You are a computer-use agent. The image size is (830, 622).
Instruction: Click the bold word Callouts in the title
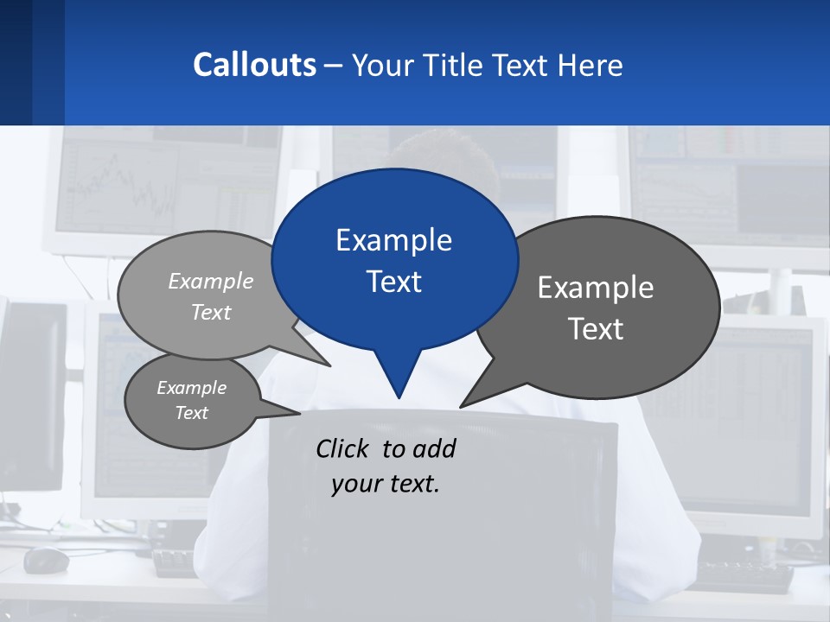click(254, 65)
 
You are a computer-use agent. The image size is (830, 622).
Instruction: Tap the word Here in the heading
click(591, 66)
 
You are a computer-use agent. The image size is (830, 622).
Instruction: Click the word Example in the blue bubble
click(393, 240)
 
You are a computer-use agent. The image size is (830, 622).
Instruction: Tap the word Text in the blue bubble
click(393, 282)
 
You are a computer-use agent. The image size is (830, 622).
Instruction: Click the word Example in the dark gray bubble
click(596, 288)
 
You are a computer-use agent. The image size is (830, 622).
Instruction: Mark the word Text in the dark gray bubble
click(596, 329)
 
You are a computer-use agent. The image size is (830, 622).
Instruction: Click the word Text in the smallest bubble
click(192, 413)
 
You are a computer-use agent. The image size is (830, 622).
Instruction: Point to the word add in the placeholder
click(433, 448)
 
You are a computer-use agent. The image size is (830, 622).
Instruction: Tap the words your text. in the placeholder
click(385, 484)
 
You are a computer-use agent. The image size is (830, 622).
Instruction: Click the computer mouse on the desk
click(46, 561)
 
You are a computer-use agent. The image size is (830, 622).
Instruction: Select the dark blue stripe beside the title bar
click(16, 62)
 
